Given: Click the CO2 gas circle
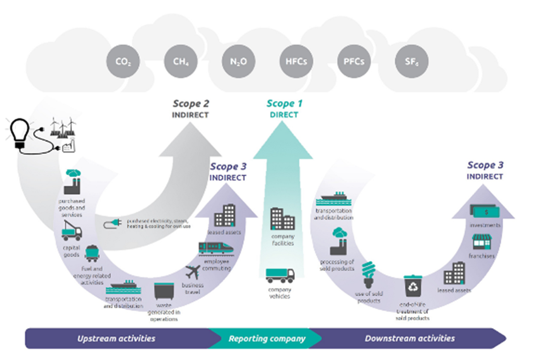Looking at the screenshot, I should [123, 61].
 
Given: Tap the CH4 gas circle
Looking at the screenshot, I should [181, 61].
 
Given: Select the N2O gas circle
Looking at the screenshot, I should [238, 61].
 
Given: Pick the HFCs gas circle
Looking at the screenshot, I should [296, 61].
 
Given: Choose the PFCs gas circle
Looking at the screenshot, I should [354, 61].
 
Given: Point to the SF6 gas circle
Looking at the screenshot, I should [412, 61].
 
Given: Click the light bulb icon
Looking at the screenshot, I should [19, 133].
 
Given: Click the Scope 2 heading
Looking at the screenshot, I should [191, 104].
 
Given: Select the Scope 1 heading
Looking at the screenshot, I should [284, 104].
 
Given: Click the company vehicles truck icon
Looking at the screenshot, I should [280, 275].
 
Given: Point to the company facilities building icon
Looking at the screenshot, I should [282, 219].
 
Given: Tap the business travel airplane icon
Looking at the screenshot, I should [193, 272].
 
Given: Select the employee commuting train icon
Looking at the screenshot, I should [216, 248].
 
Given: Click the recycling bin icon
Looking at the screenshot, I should [413, 286].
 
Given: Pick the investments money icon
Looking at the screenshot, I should [485, 211].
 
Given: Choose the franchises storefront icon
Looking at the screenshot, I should [482, 242].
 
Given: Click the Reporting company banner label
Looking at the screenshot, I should [267, 339].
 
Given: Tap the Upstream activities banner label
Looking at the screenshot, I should [116, 339].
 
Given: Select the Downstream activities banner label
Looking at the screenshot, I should [410, 339].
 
